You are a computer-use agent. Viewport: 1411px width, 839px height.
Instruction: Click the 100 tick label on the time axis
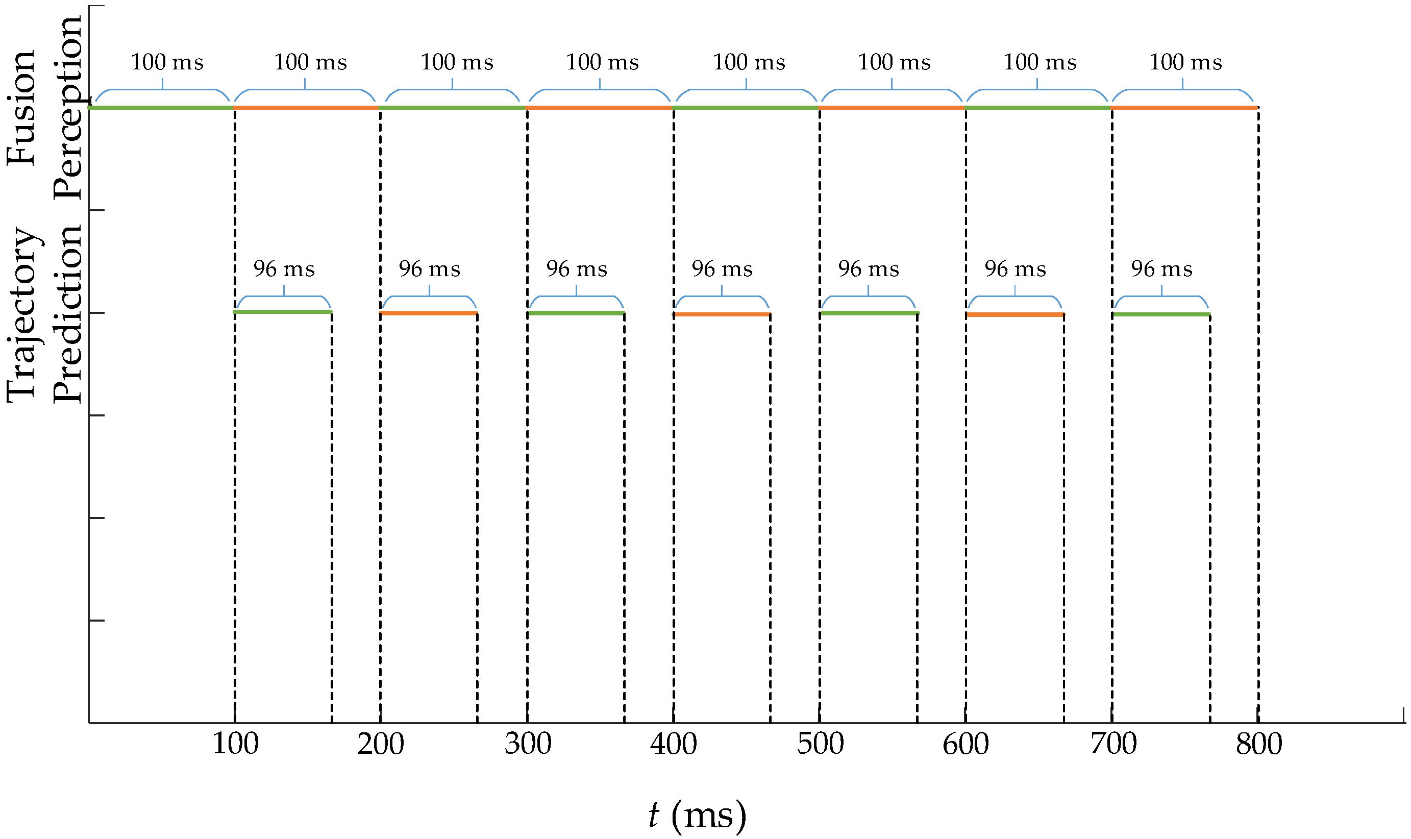(x=235, y=744)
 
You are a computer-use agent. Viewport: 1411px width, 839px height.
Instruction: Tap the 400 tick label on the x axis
(x=673, y=744)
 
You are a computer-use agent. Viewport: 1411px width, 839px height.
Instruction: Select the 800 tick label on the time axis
(x=1259, y=744)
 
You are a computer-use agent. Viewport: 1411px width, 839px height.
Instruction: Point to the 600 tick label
(x=966, y=744)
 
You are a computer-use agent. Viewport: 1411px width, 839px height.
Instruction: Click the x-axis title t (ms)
(x=697, y=815)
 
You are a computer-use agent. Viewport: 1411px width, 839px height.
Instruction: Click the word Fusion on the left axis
(x=21, y=108)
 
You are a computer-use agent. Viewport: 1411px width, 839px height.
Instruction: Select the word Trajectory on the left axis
(x=22, y=315)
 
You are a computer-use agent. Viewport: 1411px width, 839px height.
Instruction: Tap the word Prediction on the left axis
(x=68, y=314)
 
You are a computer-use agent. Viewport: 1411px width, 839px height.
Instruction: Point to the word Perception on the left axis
(x=68, y=107)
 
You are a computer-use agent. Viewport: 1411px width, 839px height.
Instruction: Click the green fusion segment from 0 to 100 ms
(x=161, y=107)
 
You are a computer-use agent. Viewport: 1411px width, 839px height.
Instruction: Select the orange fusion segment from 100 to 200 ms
(x=306, y=107)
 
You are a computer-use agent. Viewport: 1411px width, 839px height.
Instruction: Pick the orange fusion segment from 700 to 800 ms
(x=1184, y=107)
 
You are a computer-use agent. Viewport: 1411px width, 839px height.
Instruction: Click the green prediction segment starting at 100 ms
(x=283, y=311)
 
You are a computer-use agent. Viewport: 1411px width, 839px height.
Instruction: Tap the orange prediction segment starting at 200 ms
(x=429, y=313)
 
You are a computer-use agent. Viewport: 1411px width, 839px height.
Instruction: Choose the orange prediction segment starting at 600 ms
(x=1014, y=314)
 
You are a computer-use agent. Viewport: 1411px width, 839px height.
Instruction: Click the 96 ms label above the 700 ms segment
(x=1161, y=269)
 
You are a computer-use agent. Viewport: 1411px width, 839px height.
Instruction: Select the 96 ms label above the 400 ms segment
(x=722, y=269)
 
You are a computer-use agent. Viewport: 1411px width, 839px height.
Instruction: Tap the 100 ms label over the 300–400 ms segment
(x=602, y=62)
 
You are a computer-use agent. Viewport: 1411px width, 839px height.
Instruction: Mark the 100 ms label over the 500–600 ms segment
(x=894, y=62)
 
